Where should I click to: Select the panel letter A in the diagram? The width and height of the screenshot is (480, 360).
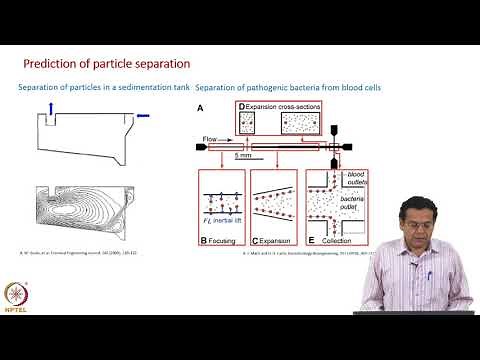201,108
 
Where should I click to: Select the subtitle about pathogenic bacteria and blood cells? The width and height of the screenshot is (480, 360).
288,87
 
